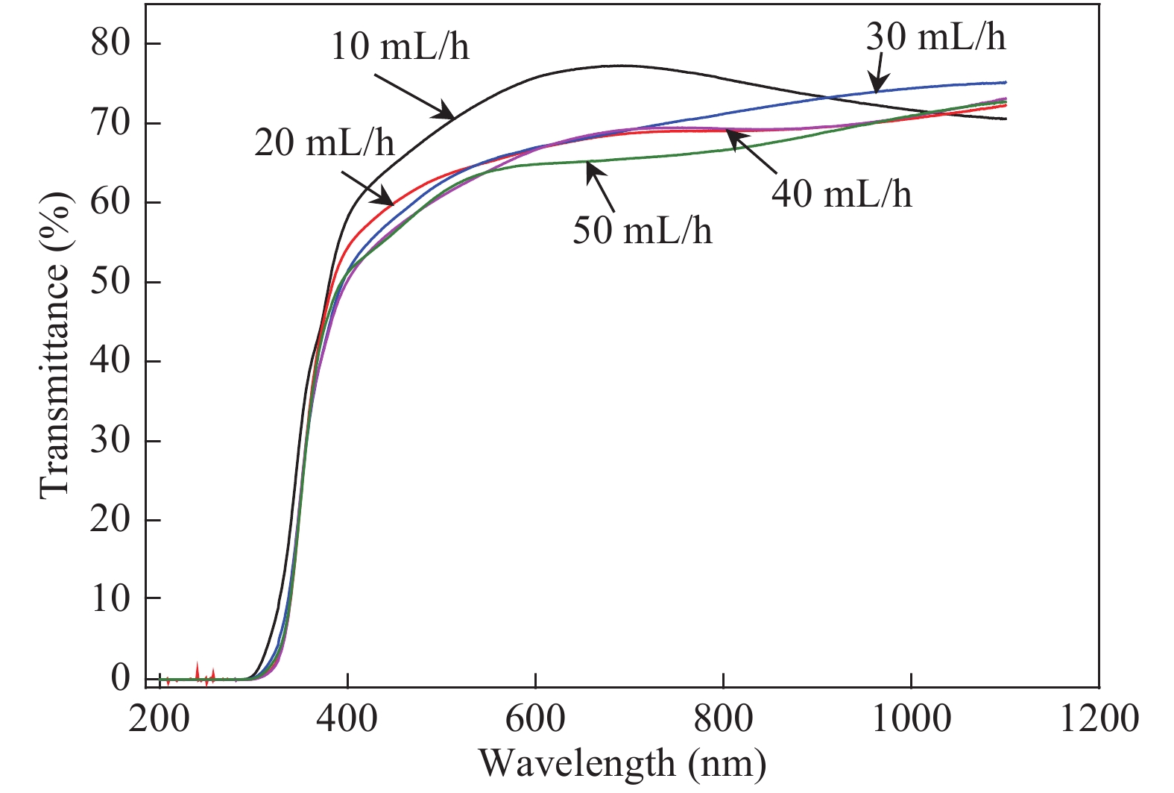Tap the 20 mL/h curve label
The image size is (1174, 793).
(x=324, y=142)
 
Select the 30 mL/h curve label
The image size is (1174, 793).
(x=935, y=37)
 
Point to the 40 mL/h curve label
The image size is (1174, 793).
(x=842, y=194)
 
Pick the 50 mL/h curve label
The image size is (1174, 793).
(x=642, y=231)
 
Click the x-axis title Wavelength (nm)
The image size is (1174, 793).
(x=622, y=763)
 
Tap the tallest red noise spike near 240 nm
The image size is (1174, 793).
(x=197, y=670)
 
